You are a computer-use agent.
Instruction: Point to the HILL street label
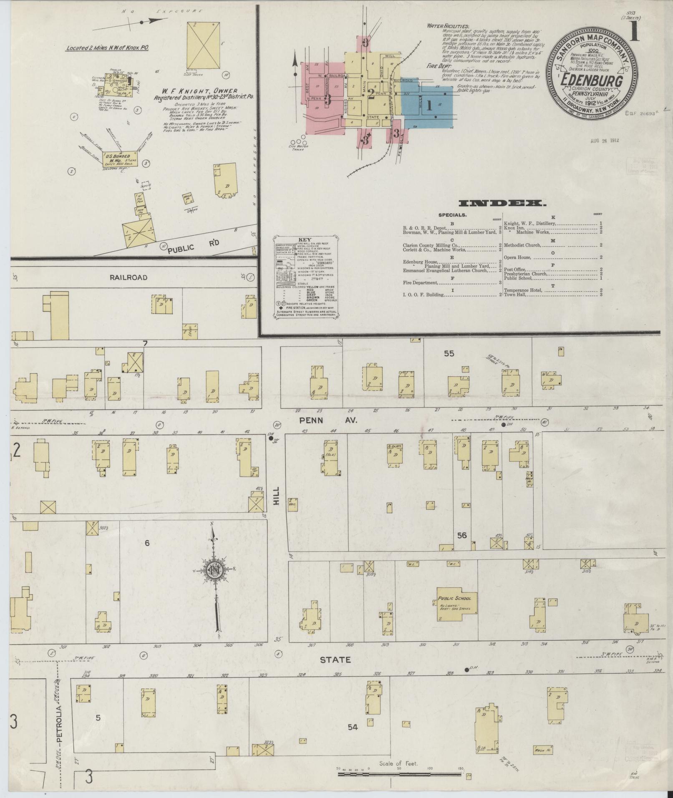pyautogui.click(x=275, y=496)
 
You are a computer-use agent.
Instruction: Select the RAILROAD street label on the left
pyautogui.click(x=129, y=277)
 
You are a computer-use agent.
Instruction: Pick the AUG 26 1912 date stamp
pyautogui.click(x=605, y=140)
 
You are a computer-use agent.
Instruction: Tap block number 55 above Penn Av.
pyautogui.click(x=449, y=354)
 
